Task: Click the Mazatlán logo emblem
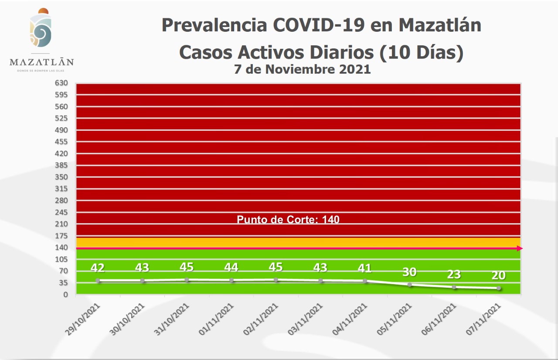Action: pyautogui.click(x=41, y=29)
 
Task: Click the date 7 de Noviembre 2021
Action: pyautogui.click(x=302, y=69)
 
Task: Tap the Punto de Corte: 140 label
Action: pyautogui.click(x=288, y=219)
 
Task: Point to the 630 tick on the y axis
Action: pyautogui.click(x=61, y=83)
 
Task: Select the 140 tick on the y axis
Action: pyautogui.click(x=61, y=248)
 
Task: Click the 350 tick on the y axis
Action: pyautogui.click(x=61, y=177)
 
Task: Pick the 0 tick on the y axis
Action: pyautogui.click(x=65, y=295)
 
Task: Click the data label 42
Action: pyautogui.click(x=98, y=267)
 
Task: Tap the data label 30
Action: pyautogui.click(x=409, y=272)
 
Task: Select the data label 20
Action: pyautogui.click(x=498, y=275)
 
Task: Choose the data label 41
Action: pyautogui.click(x=365, y=268)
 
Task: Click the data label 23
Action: pyautogui.click(x=454, y=274)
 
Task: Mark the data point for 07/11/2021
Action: pyautogui.click(x=498, y=288)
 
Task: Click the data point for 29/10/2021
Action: pyautogui.click(x=98, y=280)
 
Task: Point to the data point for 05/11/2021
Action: pyautogui.click(x=409, y=285)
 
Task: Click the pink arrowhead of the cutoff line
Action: pyautogui.click(x=520, y=248)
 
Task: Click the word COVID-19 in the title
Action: pyautogui.click(x=320, y=25)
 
